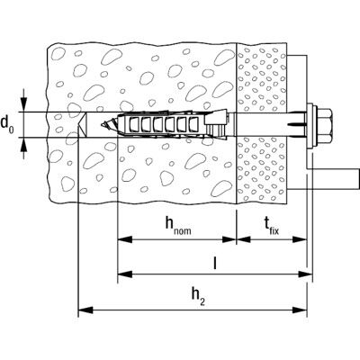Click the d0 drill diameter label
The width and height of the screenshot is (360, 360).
7,124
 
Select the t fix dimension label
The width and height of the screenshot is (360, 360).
271,226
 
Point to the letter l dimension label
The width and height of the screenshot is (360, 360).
214,264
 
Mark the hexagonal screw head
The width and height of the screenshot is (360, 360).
326,125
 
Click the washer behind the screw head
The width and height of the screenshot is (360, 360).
311,125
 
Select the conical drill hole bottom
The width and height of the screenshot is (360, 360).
82,125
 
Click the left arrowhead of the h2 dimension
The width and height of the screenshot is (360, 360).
85,310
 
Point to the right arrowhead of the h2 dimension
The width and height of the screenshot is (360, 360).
300,310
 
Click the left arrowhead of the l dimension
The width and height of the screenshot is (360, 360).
125,274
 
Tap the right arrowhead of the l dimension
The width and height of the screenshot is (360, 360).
305,274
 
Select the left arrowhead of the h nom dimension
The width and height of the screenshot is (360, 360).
125,239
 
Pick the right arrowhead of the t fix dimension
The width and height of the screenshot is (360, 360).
300,239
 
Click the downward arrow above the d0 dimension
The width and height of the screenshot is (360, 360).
23,104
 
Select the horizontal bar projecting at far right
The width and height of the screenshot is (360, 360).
334,179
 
